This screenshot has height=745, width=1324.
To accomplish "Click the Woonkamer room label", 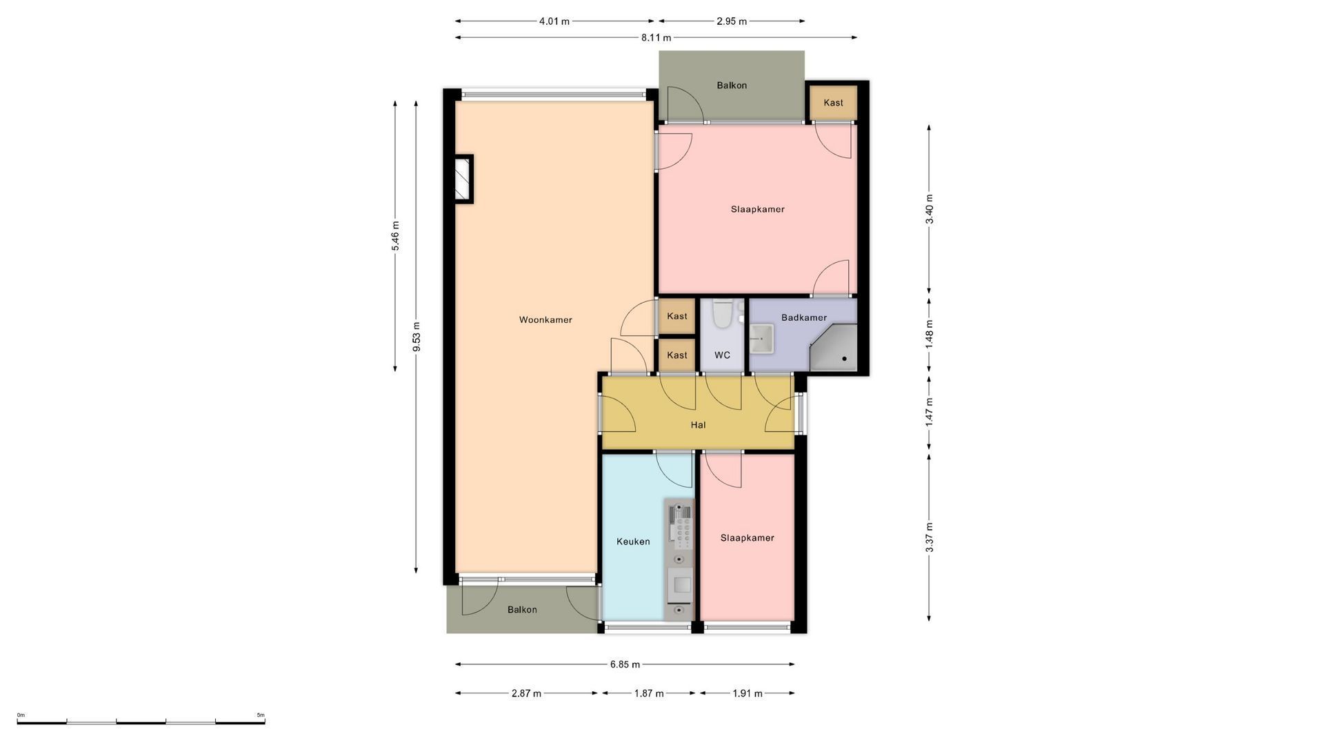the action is (x=545, y=320).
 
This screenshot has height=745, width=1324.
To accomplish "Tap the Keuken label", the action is (x=633, y=542).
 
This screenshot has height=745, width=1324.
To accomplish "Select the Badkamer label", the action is (x=804, y=318).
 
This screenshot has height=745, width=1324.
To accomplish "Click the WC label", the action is (x=722, y=355).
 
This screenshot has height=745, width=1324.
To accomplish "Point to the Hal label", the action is (x=698, y=425).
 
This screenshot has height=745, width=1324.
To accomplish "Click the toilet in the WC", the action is (x=723, y=314).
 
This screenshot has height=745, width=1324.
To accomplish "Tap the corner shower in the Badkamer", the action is (x=834, y=348).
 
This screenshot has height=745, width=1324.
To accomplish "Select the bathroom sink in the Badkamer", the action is (x=761, y=339).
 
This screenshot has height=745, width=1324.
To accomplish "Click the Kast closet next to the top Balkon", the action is (x=833, y=103).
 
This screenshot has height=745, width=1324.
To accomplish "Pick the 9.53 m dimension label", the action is (x=416, y=337).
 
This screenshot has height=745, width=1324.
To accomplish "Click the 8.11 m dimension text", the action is (x=656, y=38).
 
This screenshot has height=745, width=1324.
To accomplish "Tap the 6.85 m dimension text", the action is (x=625, y=665).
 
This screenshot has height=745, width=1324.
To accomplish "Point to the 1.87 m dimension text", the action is (x=649, y=693).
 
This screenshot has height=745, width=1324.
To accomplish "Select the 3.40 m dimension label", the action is (x=929, y=209).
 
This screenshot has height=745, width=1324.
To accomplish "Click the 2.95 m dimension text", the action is (x=732, y=21).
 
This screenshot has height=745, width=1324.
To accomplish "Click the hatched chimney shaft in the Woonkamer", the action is (x=462, y=179).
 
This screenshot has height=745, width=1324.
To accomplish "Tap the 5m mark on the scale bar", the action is (x=261, y=715).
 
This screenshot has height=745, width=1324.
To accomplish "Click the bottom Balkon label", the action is (x=522, y=610).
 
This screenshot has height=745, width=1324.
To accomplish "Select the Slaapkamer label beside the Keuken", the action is (x=747, y=538).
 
